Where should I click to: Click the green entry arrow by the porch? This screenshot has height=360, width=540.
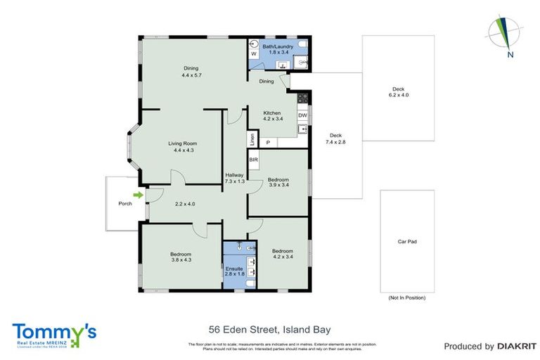tap(139, 195)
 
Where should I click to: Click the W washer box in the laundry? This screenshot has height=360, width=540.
tap(253, 53)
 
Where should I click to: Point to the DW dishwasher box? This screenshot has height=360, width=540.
tap(302, 115)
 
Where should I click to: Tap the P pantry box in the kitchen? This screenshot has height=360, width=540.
tap(268, 143)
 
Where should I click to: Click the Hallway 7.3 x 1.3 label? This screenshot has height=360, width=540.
tap(234, 179)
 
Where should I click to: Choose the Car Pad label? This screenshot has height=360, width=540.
tap(407, 241)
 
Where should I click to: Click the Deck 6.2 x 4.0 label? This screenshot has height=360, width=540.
tap(399, 92)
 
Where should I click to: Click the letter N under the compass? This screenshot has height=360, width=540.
tap(511, 54)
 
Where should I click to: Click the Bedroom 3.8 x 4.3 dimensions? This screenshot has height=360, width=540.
tap(181, 260)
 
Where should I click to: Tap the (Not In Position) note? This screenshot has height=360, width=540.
tap(407, 298)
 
